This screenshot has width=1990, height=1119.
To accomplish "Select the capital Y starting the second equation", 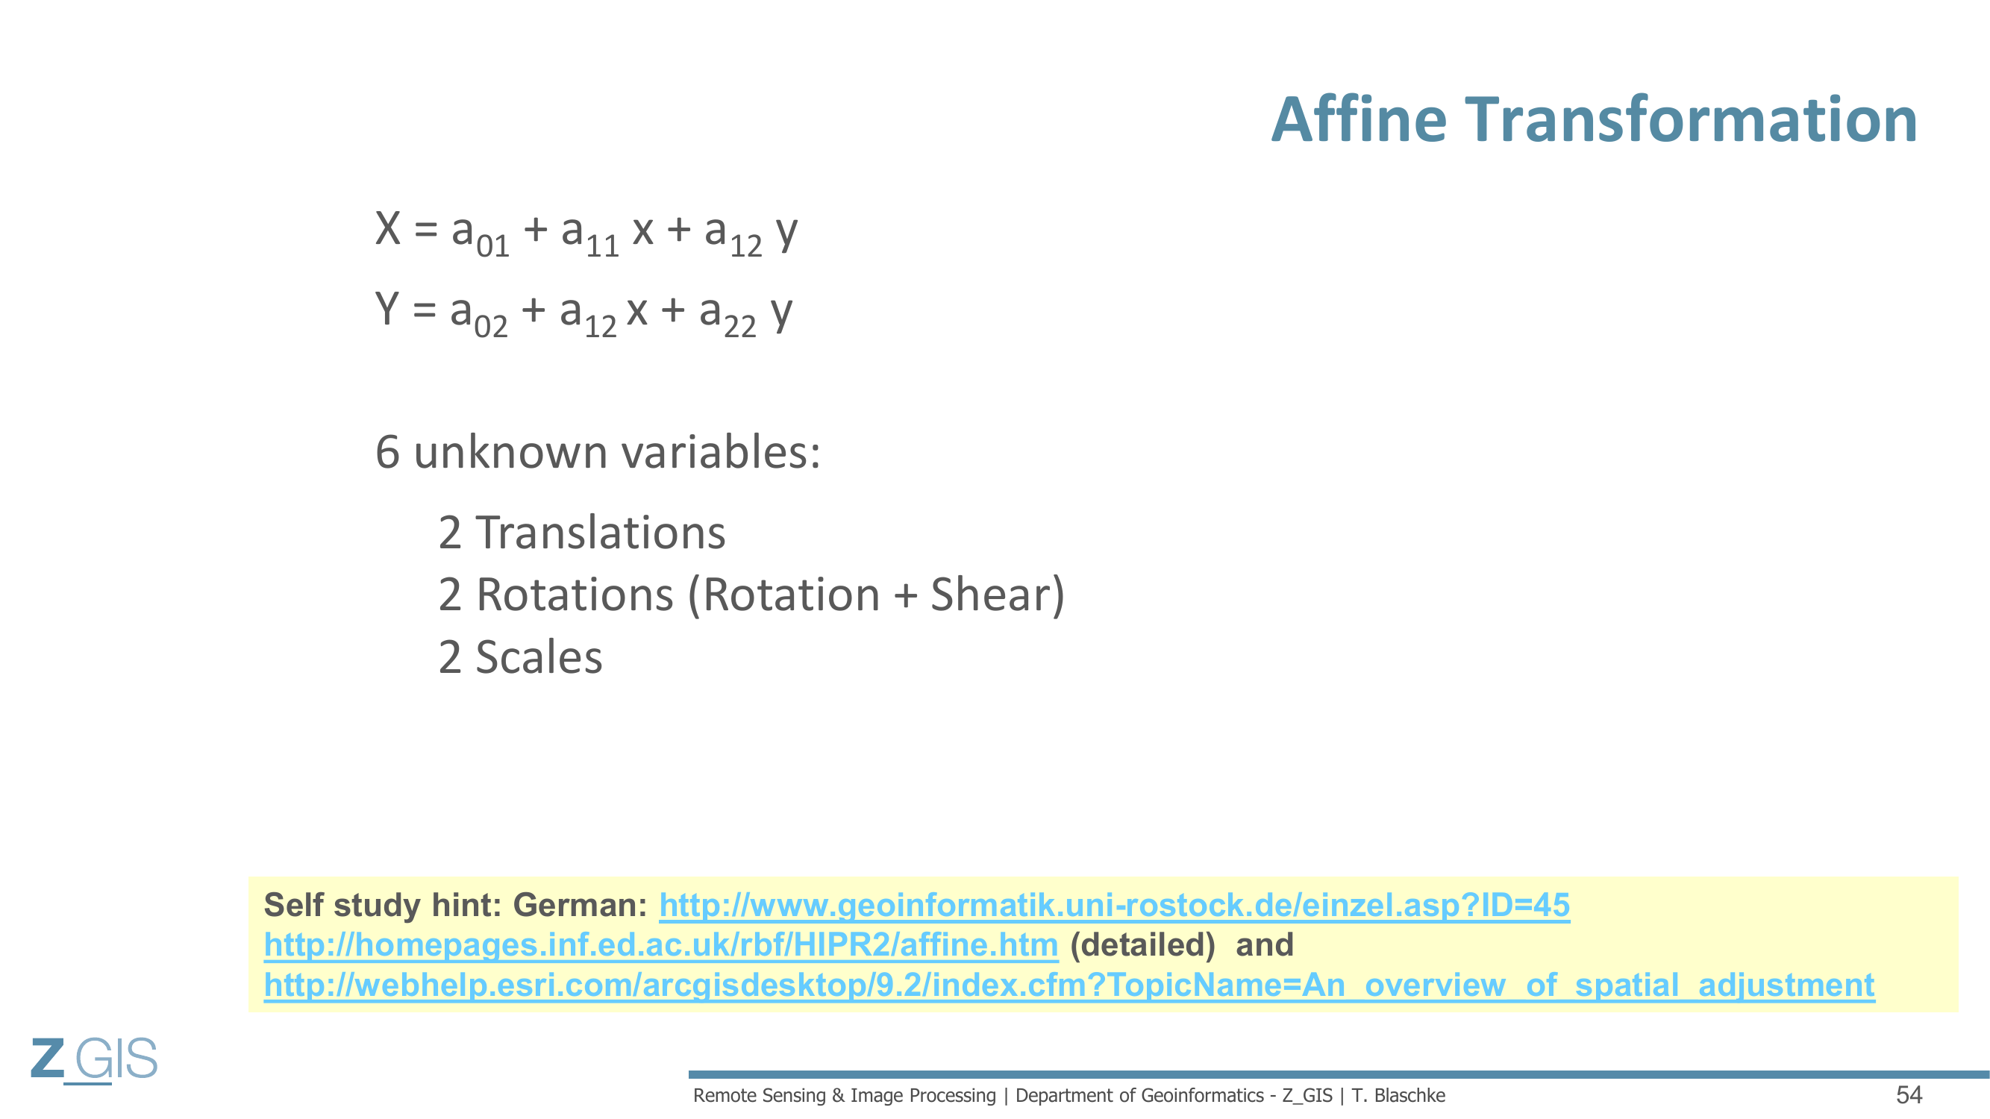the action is (x=387, y=309).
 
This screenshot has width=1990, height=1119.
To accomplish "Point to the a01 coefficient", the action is (x=481, y=235).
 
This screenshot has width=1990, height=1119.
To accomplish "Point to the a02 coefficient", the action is (x=479, y=315).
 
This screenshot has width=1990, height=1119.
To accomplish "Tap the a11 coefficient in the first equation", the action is (x=590, y=235).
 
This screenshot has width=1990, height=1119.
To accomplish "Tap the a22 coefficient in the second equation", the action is (x=728, y=315).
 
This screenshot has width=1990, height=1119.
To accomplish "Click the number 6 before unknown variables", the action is (x=388, y=452).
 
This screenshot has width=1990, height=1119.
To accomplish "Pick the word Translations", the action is (x=600, y=533).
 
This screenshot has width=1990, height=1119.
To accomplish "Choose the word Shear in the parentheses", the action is (x=990, y=595).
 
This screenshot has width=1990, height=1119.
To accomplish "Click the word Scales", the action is (x=539, y=657).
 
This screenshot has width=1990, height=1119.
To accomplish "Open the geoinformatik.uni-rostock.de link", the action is (x=1114, y=905).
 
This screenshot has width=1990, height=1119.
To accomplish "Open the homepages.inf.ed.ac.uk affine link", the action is (x=660, y=945).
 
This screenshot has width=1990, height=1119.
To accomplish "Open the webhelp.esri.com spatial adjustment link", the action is (x=1069, y=985).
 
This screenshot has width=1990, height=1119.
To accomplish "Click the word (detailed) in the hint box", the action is (x=1142, y=945).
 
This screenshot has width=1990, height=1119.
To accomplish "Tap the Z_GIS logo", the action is (x=94, y=1059).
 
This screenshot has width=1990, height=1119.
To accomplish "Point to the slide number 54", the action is (x=1909, y=1095).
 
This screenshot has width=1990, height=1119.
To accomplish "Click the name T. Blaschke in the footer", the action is (x=1398, y=1096).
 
